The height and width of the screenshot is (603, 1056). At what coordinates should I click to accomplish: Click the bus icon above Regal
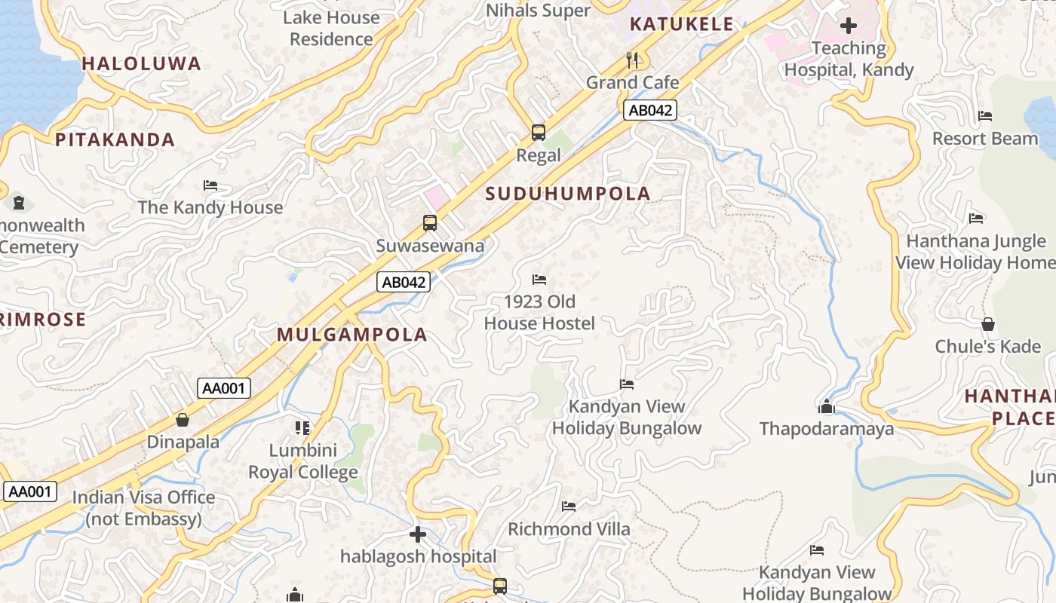pyautogui.click(x=538, y=133)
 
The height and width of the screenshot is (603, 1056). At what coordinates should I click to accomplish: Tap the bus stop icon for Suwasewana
pyautogui.click(x=429, y=223)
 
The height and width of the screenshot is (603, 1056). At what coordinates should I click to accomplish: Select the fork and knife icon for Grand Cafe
pyautogui.click(x=632, y=60)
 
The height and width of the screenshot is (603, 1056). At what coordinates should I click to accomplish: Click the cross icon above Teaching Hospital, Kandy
pyautogui.click(x=849, y=26)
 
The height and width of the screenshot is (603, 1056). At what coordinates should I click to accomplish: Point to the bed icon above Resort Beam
pyautogui.click(x=985, y=116)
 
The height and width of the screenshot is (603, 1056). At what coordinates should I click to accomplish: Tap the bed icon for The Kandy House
pyautogui.click(x=210, y=185)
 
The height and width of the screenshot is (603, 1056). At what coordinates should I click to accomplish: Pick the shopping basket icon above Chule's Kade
pyautogui.click(x=987, y=324)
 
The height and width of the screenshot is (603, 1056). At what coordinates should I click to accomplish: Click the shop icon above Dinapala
pyautogui.click(x=183, y=420)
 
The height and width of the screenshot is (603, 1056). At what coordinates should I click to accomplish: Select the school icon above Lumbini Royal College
pyautogui.click(x=302, y=428)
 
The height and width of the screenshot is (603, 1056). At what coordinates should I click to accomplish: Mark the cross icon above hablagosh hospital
pyautogui.click(x=418, y=534)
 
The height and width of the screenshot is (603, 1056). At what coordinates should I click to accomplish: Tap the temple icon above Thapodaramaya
pyautogui.click(x=827, y=407)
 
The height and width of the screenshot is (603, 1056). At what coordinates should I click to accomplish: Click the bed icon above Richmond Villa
pyautogui.click(x=569, y=507)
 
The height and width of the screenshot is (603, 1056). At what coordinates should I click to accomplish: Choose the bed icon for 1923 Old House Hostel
pyautogui.click(x=539, y=280)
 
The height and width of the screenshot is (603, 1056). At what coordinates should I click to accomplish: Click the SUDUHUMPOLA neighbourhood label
pyautogui.click(x=568, y=194)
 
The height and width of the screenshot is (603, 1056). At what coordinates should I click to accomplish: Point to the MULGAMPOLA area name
pyautogui.click(x=352, y=335)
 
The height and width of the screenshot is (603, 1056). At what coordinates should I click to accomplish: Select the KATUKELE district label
pyautogui.click(x=681, y=24)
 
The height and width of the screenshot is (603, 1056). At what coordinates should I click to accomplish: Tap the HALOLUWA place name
pyautogui.click(x=142, y=64)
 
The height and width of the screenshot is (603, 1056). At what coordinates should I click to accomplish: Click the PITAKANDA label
pyautogui.click(x=115, y=139)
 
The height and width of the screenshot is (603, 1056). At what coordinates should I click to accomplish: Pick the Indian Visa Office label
pyautogui.click(x=143, y=508)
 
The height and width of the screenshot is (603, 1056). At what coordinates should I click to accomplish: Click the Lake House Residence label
pyautogui.click(x=331, y=28)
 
